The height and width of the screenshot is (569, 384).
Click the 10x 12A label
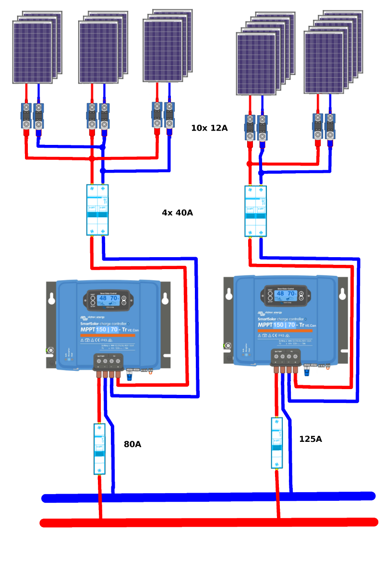209,128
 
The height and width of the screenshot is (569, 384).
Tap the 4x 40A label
177,213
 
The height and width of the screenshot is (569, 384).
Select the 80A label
132,444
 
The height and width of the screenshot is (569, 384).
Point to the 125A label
310,439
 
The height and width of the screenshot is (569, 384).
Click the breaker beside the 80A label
99,449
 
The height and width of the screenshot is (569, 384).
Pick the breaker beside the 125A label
276,443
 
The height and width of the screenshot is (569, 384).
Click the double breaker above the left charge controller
97,210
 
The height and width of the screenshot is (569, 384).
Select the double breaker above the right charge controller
255,211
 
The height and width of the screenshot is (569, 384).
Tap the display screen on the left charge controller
108,300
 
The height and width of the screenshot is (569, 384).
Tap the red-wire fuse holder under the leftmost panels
26,116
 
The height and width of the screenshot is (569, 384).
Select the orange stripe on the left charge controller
108,335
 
